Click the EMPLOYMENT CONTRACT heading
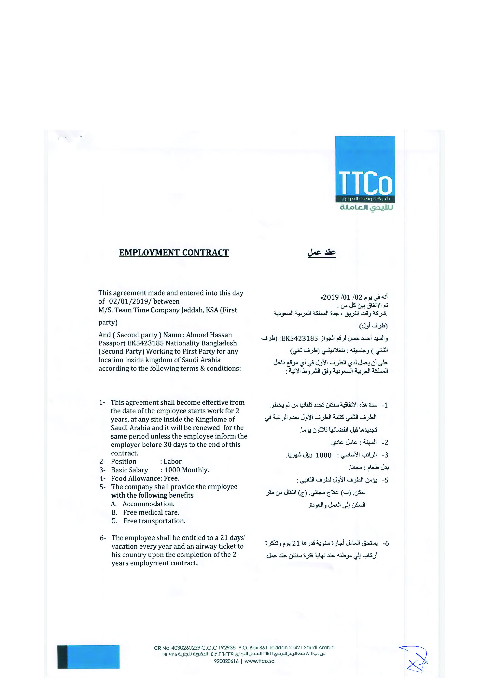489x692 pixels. [x=174, y=252]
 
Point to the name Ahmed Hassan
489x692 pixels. [x=209, y=335]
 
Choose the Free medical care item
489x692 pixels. [x=151, y=512]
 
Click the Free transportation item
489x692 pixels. [x=154, y=521]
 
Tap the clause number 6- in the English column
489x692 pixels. [x=103, y=538]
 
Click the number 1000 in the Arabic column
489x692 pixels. [x=323, y=455]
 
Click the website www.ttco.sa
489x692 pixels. [x=259, y=661]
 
